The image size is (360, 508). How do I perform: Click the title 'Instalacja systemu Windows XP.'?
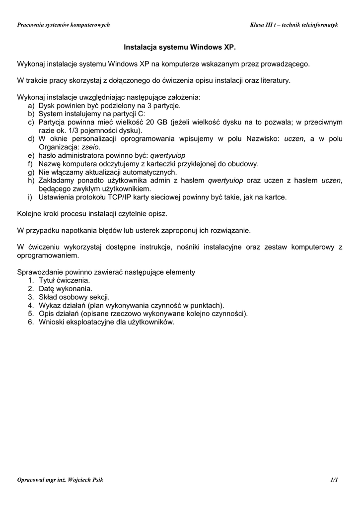(x=179, y=48)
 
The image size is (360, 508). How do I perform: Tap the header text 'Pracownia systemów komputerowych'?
(x=64, y=25)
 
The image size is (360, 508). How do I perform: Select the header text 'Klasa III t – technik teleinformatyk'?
(x=294, y=25)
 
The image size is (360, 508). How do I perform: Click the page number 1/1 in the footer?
(x=334, y=480)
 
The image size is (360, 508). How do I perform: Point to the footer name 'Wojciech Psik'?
(x=80, y=480)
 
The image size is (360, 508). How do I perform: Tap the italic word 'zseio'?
(x=91, y=147)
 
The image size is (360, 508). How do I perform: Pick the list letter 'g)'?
(x=31, y=172)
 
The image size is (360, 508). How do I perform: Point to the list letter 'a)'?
(x=31, y=106)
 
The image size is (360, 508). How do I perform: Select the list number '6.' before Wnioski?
(x=31, y=322)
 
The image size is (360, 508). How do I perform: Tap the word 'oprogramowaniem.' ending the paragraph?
(x=48, y=255)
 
